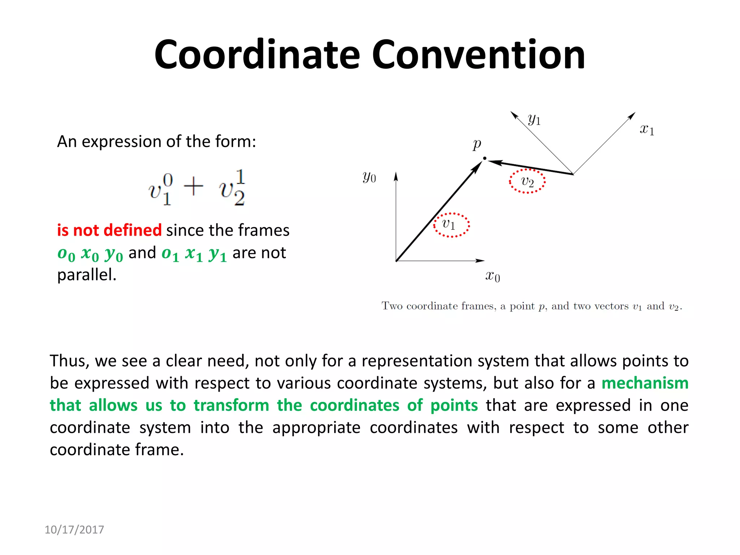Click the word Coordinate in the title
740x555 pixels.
click(x=257, y=55)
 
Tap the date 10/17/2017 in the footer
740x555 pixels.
click(x=74, y=530)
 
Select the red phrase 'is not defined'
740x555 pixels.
click(x=109, y=230)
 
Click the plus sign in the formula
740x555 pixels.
click(x=193, y=187)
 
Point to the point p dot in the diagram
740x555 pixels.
click(x=485, y=158)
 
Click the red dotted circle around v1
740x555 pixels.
click(x=451, y=225)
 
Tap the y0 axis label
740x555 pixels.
click(x=369, y=177)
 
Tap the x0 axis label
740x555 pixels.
click(x=492, y=276)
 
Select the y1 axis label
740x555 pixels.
click(x=534, y=119)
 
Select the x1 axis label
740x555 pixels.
click(x=647, y=129)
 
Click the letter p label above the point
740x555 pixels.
click(x=477, y=145)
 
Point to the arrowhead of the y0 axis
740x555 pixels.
click(x=396, y=176)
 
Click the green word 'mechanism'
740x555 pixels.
click(x=645, y=383)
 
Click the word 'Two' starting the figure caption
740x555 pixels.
click(x=392, y=306)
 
